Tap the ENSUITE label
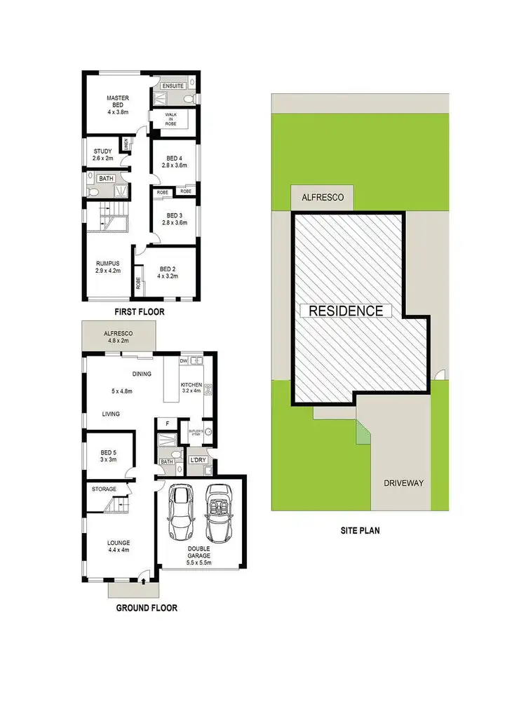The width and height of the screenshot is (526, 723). tap(173, 86)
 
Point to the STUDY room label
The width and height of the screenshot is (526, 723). tap(102, 154)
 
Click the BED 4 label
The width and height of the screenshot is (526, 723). tap(174, 161)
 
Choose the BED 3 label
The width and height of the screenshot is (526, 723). tap(174, 219)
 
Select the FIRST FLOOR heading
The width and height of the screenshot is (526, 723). tap(140, 312)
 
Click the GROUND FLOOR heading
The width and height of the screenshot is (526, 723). tap(147, 608)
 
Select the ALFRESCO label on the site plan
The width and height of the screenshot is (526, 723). tap(323, 198)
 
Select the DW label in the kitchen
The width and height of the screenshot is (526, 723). tap(183, 361)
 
